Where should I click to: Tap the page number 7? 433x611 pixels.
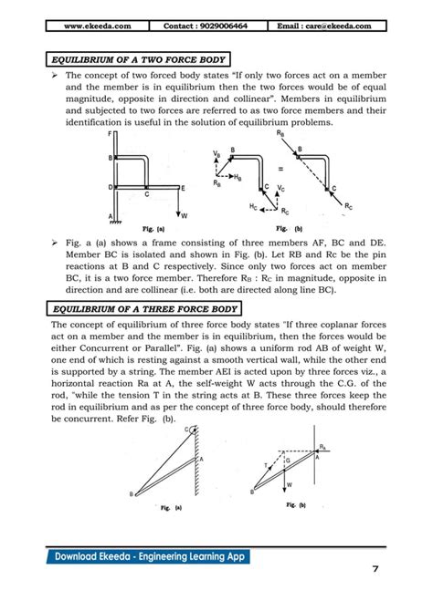(x=375, y=569)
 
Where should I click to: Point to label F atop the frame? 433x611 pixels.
(x=110, y=135)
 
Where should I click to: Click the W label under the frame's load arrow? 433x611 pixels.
(x=185, y=216)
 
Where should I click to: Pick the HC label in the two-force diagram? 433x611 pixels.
(x=251, y=208)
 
